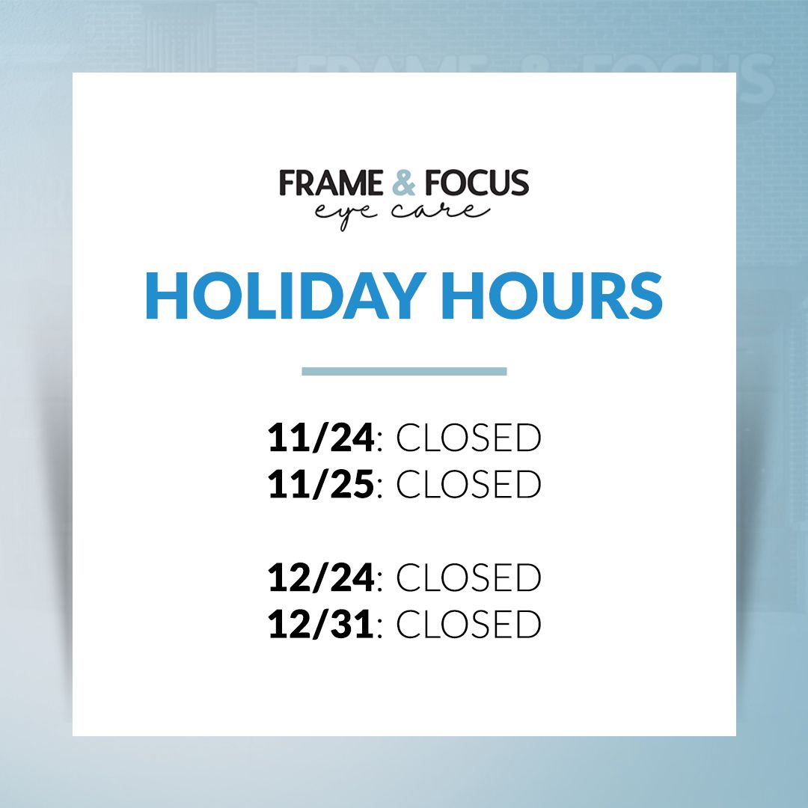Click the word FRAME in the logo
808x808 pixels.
[331, 183]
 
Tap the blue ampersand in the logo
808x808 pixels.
[403, 183]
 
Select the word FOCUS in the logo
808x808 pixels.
[477, 183]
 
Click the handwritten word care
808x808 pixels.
[441, 211]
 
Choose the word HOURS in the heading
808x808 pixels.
[552, 296]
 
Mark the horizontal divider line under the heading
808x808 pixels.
[404, 372]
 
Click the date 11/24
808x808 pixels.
[320, 438]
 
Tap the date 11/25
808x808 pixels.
[320, 484]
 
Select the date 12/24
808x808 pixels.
[320, 578]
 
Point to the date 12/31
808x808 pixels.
[320, 624]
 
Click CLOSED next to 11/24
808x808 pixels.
[468, 438]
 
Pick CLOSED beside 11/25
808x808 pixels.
[468, 484]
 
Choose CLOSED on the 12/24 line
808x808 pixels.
[468, 578]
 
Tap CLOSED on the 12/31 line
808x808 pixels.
[468, 624]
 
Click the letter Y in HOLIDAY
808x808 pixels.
[403, 296]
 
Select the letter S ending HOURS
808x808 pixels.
[645, 296]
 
